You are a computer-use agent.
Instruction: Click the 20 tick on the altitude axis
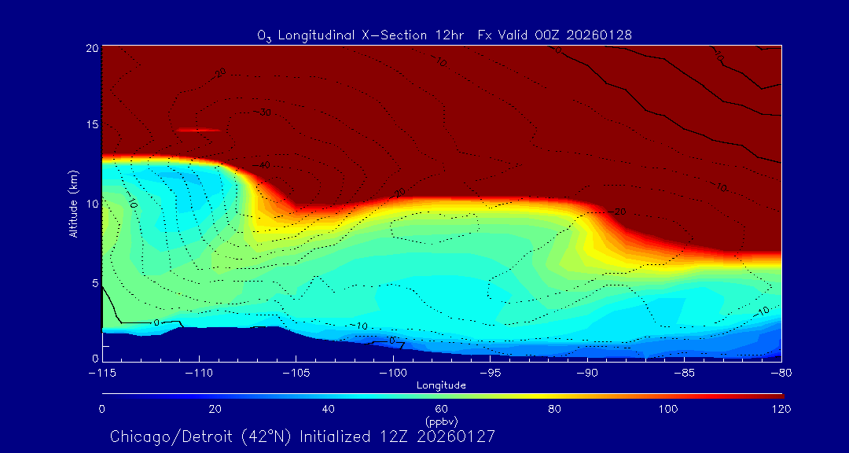pos(91,48)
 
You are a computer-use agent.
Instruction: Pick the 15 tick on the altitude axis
pos(91,126)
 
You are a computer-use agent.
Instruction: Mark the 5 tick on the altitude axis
pos(94,282)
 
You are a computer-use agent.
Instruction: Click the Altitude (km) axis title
pos(73,204)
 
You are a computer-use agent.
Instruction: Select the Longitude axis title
pos(441,385)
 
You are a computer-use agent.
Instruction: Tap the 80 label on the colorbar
pos(555,409)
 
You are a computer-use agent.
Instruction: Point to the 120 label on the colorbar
pos(781,409)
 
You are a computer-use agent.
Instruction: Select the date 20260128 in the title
pos(598,35)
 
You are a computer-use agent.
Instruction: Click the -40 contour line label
pos(263,165)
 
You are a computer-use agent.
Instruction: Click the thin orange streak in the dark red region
pos(197,130)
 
